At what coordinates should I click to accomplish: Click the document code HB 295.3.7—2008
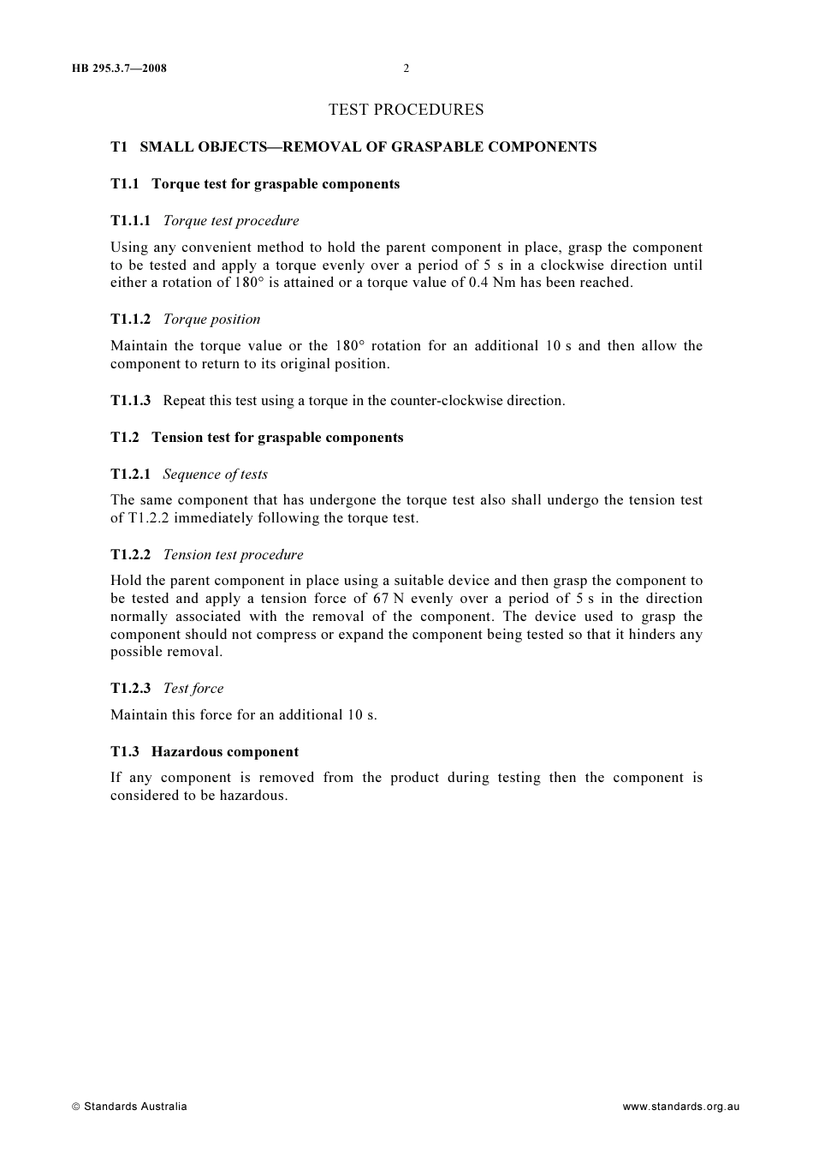pyautogui.click(x=119, y=69)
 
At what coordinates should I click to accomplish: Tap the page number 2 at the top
pyautogui.click(x=406, y=69)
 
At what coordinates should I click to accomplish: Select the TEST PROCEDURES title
pyautogui.click(x=406, y=110)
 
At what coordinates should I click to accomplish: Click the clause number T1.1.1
pyautogui.click(x=130, y=221)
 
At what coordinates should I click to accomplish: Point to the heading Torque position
pyautogui.click(x=211, y=319)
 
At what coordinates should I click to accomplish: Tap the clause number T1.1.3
pyautogui.click(x=130, y=401)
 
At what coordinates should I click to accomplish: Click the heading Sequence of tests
pyautogui.click(x=215, y=475)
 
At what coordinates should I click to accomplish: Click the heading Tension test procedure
pyautogui.click(x=233, y=555)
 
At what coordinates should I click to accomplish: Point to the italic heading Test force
pyautogui.click(x=193, y=689)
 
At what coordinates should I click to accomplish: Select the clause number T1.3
pyautogui.click(x=124, y=752)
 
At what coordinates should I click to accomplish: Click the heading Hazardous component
pyautogui.click(x=225, y=752)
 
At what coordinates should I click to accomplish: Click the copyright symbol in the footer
pyautogui.click(x=76, y=1107)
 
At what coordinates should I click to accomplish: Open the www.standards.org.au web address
pyautogui.click(x=680, y=1107)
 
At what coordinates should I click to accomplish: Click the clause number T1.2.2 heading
pyautogui.click(x=130, y=555)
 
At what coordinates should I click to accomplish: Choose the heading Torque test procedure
pyautogui.click(x=231, y=221)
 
